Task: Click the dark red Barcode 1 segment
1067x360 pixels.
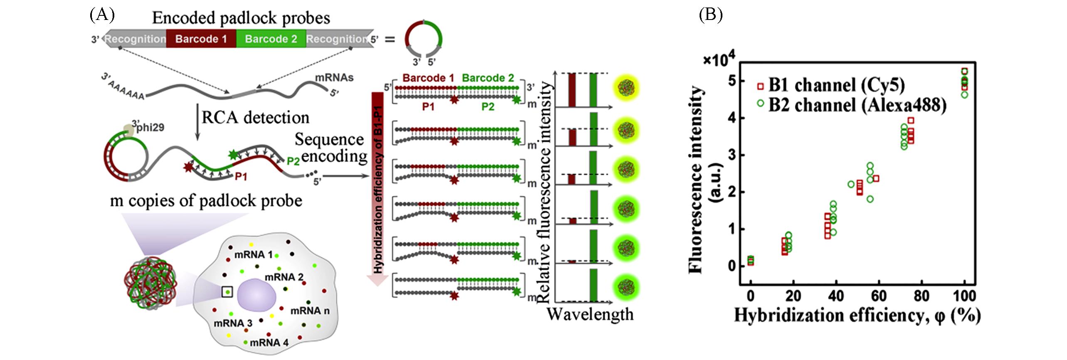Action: pos(201,39)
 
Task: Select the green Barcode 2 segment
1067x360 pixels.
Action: pos(271,39)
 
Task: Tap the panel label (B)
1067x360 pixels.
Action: pos(711,15)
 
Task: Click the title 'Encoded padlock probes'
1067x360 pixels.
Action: pos(241,18)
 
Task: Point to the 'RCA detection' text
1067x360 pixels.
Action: pos(256,118)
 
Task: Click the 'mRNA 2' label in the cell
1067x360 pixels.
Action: pos(284,277)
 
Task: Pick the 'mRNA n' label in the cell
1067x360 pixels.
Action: pos(310,311)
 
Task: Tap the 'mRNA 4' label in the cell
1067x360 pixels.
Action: pos(269,343)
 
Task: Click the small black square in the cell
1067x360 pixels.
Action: pos(227,292)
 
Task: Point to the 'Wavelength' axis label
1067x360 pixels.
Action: pos(590,314)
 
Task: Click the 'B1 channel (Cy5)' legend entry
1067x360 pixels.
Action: pos(830,85)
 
